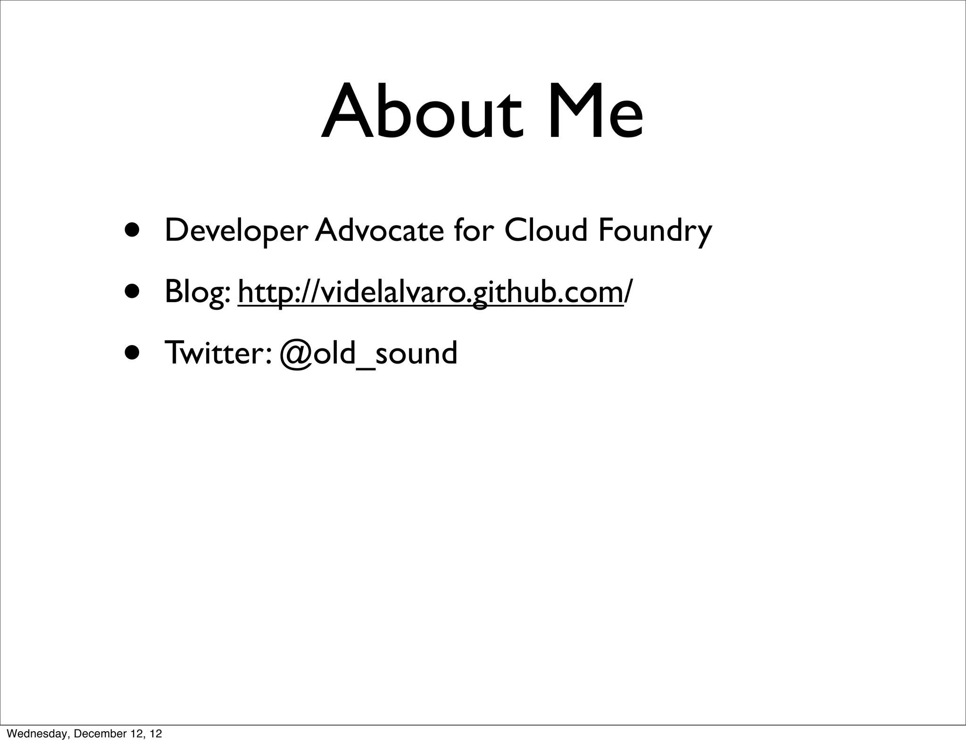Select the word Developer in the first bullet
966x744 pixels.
236,231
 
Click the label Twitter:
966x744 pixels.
217,353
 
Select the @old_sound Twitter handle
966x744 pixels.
368,354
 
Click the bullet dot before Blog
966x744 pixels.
133,291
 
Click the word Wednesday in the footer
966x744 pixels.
36,734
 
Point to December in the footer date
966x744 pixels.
97,734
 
